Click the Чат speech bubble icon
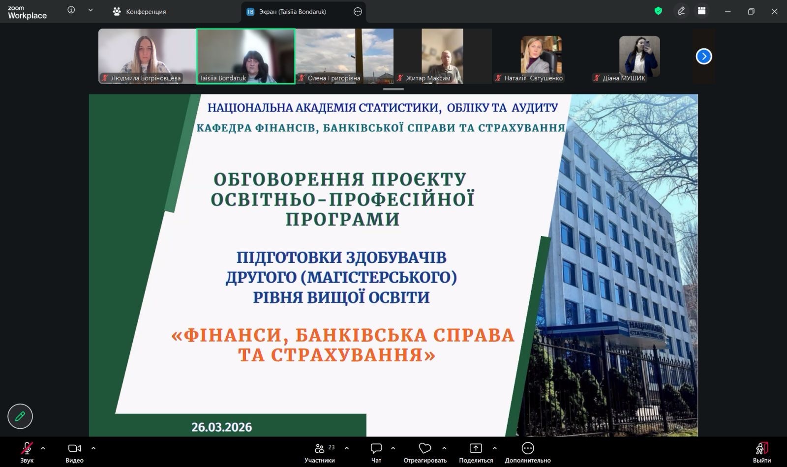[376, 448]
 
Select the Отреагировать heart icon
[425, 448]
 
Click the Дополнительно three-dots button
[528, 448]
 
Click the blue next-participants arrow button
[704, 56]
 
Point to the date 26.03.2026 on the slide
[222, 427]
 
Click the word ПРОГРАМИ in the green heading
[342, 219]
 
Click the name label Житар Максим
[428, 78]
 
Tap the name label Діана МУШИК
[624, 78]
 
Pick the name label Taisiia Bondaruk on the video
[223, 78]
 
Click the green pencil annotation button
[20, 416]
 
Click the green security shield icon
[659, 11]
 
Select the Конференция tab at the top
[139, 12]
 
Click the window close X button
[774, 12]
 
